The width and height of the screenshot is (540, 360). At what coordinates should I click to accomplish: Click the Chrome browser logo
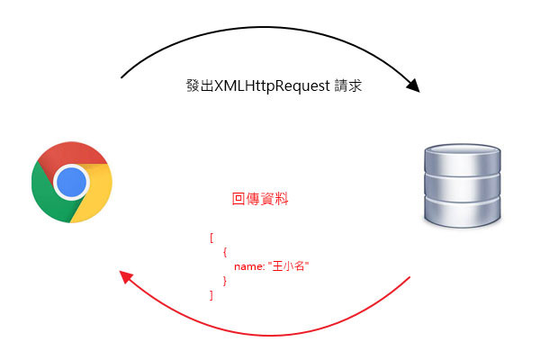[71, 182]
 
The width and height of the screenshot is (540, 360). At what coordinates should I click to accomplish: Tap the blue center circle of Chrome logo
[71, 183]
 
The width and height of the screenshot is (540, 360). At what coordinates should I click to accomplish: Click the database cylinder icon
[462, 186]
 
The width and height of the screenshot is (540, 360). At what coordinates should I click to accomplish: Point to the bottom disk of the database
[462, 215]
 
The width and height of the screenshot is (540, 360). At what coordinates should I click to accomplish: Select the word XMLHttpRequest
[269, 87]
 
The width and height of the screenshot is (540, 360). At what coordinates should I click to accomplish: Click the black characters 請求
[347, 87]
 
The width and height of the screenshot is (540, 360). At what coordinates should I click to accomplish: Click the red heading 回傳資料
[260, 199]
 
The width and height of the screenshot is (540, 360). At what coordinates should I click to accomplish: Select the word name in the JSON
[247, 266]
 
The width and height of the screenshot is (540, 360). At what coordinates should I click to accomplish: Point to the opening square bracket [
[211, 238]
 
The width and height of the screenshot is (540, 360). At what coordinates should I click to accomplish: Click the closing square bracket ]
[211, 294]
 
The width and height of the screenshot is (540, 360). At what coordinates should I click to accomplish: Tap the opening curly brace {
[224, 253]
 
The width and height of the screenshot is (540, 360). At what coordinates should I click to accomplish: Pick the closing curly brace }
[224, 281]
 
